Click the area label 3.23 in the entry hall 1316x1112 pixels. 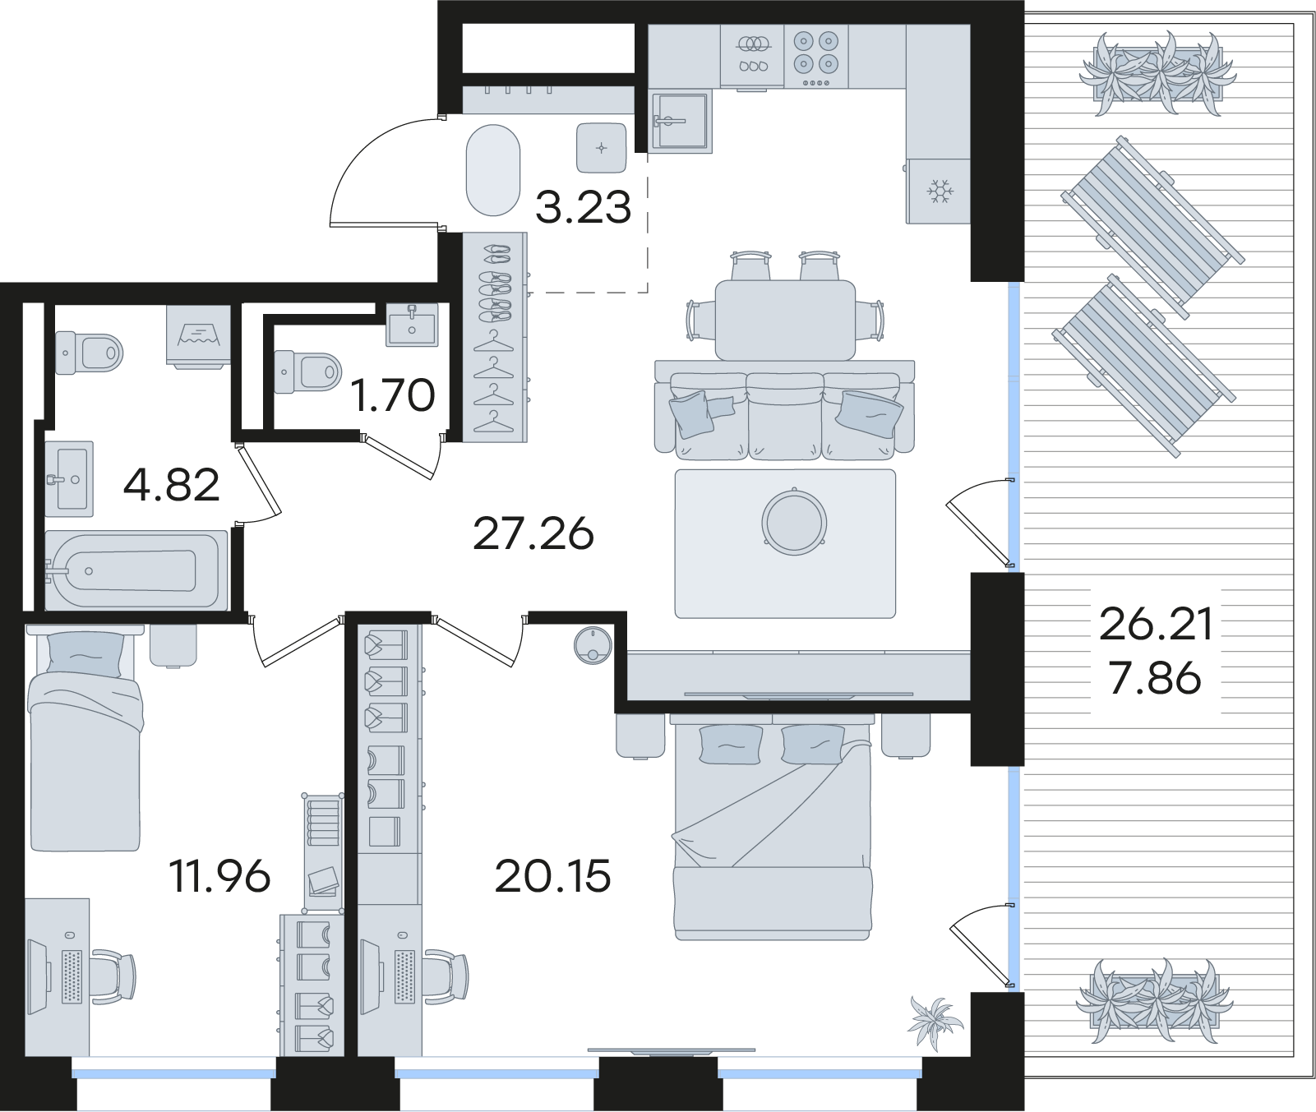(x=583, y=207)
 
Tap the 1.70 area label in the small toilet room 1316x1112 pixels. (x=393, y=395)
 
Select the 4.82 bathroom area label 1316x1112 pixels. (x=172, y=485)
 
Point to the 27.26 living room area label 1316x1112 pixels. (x=533, y=534)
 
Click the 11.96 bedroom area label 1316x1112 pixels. (x=219, y=876)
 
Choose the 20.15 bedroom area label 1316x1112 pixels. (x=552, y=876)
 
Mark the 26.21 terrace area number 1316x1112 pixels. (x=1156, y=625)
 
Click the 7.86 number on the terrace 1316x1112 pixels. (x=1156, y=679)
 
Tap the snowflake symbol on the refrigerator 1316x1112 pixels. (x=939, y=191)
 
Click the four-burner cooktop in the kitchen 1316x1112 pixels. (x=816, y=56)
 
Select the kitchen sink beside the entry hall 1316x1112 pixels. (x=680, y=122)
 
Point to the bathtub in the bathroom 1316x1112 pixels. (x=136, y=570)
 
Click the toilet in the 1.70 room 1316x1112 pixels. (x=308, y=371)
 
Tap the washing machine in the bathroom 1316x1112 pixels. (x=198, y=335)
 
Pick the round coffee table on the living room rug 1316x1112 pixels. (x=794, y=522)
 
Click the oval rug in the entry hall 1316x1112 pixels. (x=493, y=170)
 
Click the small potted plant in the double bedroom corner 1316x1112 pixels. (x=935, y=1020)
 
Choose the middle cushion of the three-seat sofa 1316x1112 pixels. (x=785, y=416)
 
